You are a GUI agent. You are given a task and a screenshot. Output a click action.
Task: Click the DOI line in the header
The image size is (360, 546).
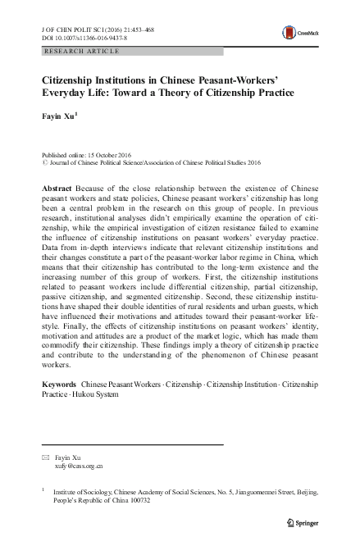(80, 37)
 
